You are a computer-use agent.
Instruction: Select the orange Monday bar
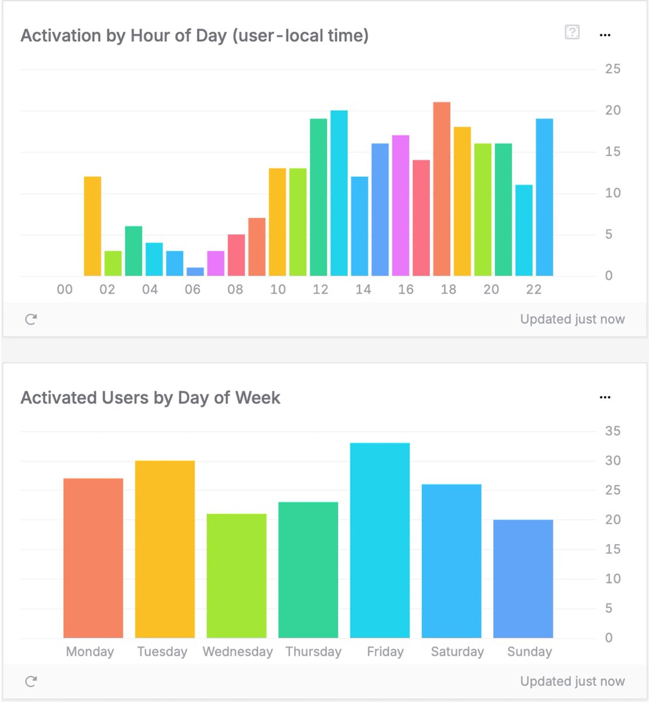(x=93, y=558)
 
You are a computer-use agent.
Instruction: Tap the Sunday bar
(x=523, y=579)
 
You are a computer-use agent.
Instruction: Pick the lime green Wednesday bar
(x=236, y=576)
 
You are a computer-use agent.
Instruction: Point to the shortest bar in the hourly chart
(x=195, y=272)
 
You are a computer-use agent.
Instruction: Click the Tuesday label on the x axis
(x=162, y=652)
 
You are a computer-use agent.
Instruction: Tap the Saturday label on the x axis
(x=457, y=652)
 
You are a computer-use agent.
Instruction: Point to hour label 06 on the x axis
(x=192, y=290)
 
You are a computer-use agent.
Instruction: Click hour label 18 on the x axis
(x=448, y=290)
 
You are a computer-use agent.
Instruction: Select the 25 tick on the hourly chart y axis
(x=612, y=69)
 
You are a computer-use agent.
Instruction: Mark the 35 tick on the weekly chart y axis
(x=612, y=431)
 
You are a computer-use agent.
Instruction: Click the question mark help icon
(x=572, y=32)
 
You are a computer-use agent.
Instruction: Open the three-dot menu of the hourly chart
(x=605, y=35)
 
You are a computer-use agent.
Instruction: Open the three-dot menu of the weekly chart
(x=605, y=397)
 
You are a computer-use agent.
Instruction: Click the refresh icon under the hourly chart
(x=31, y=319)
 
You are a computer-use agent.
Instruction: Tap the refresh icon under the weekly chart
(x=31, y=681)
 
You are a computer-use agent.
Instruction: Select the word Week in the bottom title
(x=257, y=398)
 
